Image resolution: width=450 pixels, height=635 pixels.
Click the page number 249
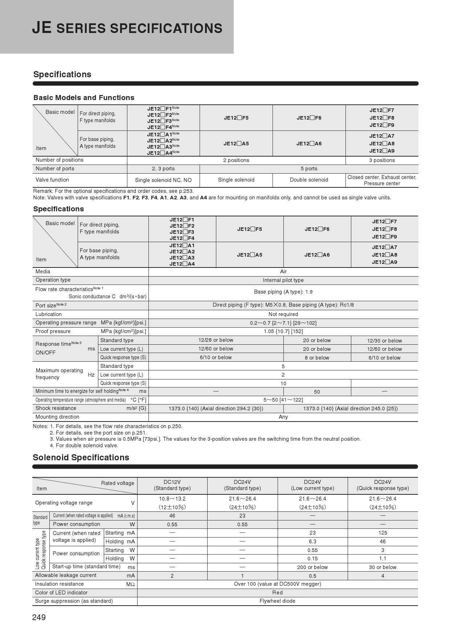pos(39,618)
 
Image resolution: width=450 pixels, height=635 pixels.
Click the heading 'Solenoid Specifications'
pos(81,457)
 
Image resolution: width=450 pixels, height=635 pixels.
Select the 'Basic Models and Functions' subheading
pos(84,97)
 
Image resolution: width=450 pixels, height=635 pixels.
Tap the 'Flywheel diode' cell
pos(277,601)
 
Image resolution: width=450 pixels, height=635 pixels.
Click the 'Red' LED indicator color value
pos(277,593)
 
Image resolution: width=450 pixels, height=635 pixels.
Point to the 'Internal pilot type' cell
pos(283,280)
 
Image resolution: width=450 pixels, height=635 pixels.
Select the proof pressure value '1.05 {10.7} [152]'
pos(283,331)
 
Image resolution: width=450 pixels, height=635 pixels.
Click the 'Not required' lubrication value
pos(283,314)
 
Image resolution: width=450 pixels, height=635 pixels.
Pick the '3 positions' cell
pos(382,160)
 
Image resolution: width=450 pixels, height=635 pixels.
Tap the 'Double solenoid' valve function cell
pos(309,180)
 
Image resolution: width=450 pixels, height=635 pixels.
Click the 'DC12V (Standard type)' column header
pos(172,485)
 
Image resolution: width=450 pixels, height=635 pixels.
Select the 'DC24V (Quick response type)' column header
pos(382,485)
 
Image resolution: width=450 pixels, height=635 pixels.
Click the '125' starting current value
pos(382,533)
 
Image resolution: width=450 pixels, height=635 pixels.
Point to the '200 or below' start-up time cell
pos(312,567)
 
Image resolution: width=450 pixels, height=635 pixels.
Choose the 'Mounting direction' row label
pos(57,417)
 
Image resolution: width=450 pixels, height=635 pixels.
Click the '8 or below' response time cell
pos(317,358)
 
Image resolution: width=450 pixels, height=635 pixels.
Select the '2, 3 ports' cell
pos(163,169)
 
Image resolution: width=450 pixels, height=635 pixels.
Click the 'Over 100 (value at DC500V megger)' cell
pos(277,584)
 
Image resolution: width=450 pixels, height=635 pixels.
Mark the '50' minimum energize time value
pos(317,392)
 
